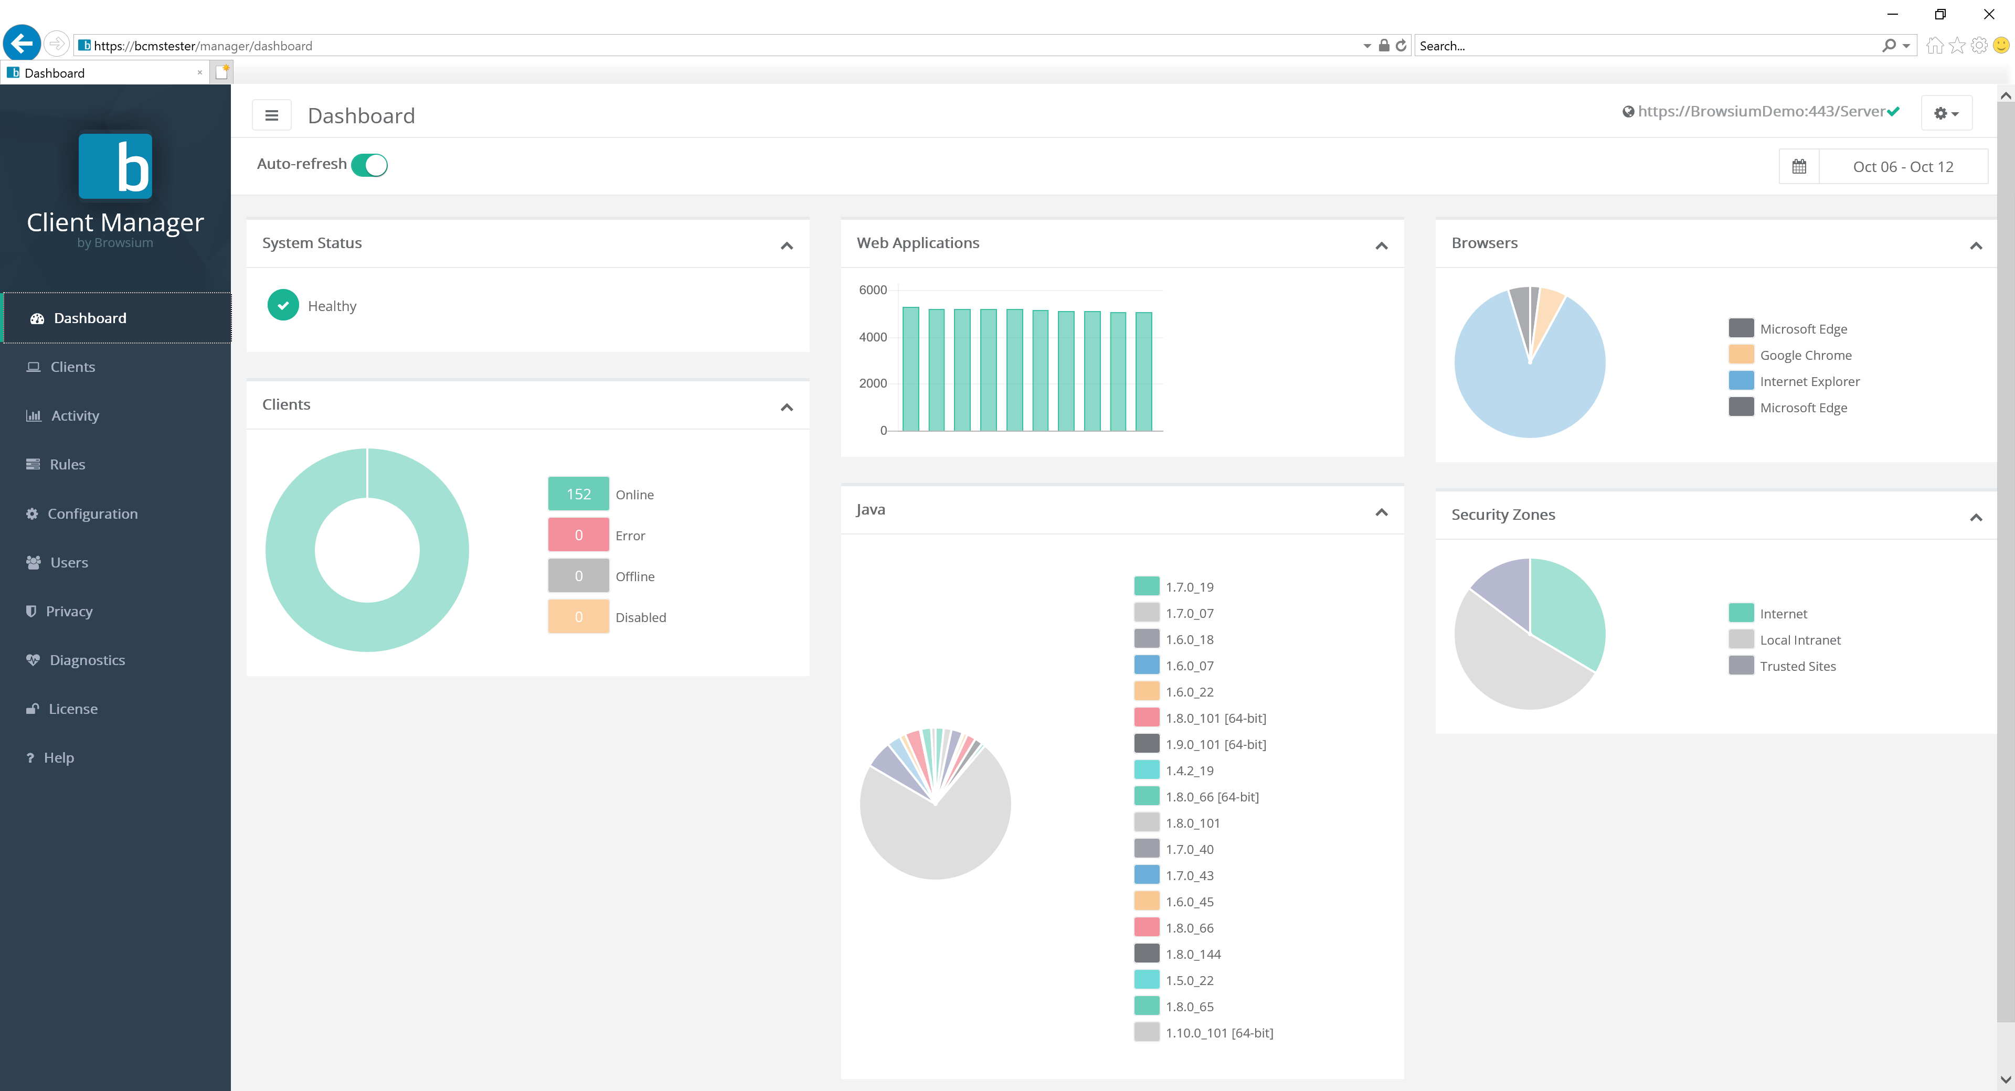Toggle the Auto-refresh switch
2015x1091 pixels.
coord(369,165)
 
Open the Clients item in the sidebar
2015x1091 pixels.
coord(72,367)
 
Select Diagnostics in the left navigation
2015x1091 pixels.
coord(87,660)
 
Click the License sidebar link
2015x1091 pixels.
coord(73,709)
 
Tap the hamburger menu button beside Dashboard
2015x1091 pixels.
coord(271,116)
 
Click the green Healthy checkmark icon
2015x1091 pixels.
coord(283,306)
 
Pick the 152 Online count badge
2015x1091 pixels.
coord(578,494)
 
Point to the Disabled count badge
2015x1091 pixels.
coord(578,617)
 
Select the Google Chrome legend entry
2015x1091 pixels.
coord(1805,355)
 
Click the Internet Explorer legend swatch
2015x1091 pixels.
coord(1741,381)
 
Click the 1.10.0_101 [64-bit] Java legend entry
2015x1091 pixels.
coord(1218,1033)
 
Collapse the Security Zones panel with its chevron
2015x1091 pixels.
coord(1975,517)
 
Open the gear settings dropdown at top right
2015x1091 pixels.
coord(1945,113)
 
